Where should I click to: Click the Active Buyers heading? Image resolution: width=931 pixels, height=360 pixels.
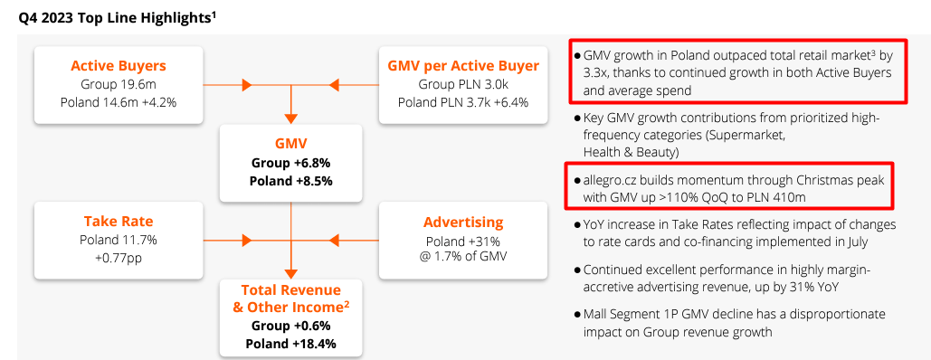(119, 65)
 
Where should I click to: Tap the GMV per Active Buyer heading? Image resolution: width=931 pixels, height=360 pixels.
(463, 65)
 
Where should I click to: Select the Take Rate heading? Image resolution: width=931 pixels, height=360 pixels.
(119, 221)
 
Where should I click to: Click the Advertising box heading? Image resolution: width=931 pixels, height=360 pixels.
(463, 223)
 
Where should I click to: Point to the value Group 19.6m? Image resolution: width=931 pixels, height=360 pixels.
(119, 83)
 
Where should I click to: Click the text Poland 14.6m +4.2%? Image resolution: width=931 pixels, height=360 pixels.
(119, 101)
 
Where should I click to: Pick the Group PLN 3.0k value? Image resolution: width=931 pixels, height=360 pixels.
(463, 83)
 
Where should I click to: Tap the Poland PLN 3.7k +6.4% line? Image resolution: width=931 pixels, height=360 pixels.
(463, 101)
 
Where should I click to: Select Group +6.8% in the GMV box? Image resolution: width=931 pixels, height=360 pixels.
(290, 163)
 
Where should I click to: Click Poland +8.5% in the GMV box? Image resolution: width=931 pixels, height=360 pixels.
(290, 180)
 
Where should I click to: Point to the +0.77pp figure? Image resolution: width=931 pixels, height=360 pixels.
(119, 257)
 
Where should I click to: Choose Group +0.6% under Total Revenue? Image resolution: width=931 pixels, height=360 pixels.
(290, 326)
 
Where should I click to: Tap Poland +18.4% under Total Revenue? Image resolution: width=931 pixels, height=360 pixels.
(290, 344)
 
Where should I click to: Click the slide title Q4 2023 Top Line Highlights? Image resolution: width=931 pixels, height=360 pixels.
(115, 17)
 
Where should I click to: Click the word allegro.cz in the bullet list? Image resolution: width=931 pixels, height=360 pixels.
(613, 178)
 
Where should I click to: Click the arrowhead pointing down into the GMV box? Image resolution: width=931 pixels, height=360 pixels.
(290, 117)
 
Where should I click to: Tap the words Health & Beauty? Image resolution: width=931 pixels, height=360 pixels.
(630, 151)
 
